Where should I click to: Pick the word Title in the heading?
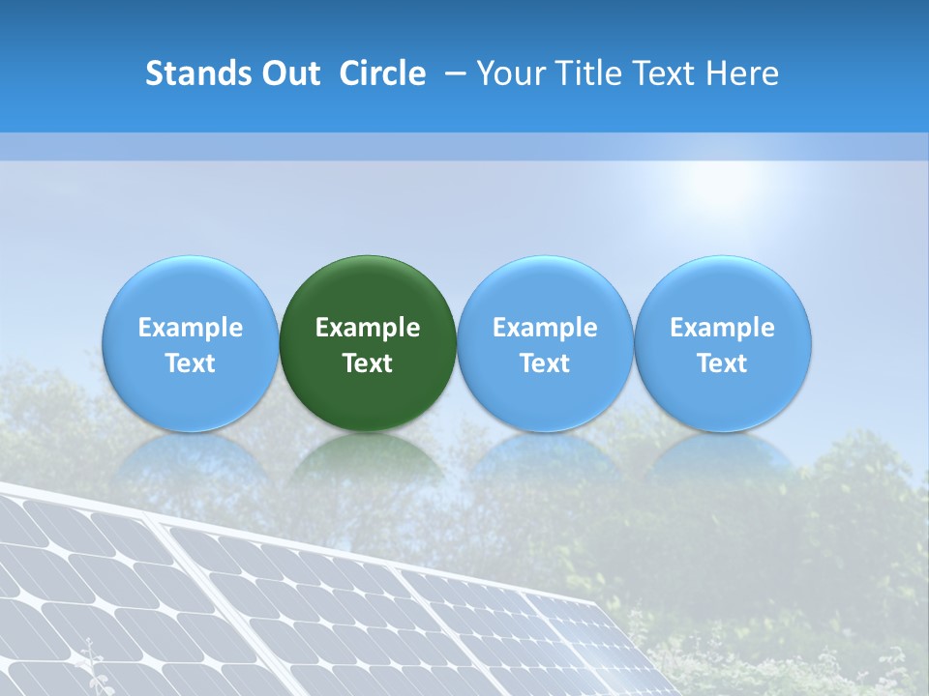pyautogui.click(x=586, y=73)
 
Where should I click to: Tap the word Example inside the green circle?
pyautogui.click(x=368, y=328)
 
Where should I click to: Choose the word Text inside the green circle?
pyautogui.click(x=368, y=363)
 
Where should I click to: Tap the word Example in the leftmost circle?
pyautogui.click(x=191, y=328)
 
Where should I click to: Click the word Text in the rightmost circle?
pyautogui.click(x=723, y=363)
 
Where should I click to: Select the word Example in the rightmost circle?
pyautogui.click(x=723, y=328)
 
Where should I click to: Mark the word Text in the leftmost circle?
pyautogui.click(x=191, y=363)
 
